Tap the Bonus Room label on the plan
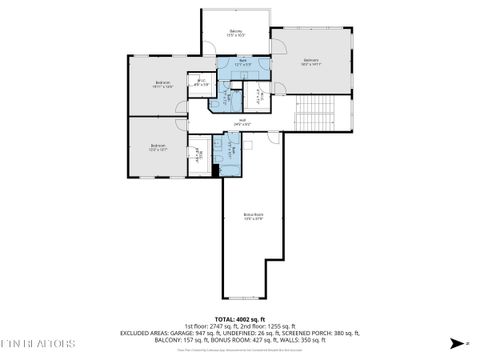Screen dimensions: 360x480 253,215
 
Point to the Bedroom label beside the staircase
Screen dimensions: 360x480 311,62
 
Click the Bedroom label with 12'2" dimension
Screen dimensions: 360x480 158,147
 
